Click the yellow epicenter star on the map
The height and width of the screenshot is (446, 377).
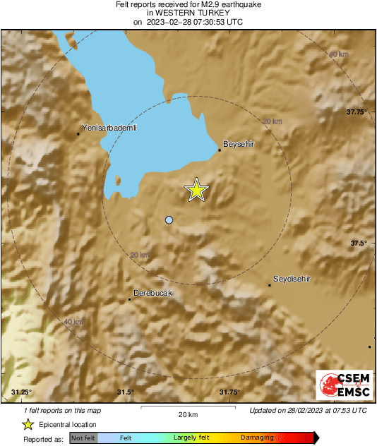click(x=197, y=190)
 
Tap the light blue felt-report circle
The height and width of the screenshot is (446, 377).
click(x=169, y=220)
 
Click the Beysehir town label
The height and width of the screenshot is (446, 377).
click(x=238, y=144)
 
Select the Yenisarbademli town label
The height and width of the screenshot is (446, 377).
click(x=109, y=128)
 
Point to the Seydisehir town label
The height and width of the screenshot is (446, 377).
click(x=292, y=279)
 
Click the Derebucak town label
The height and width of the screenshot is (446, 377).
click(x=152, y=292)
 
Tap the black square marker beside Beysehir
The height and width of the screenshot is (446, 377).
click(x=220, y=150)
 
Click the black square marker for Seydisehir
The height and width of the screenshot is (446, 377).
click(x=270, y=285)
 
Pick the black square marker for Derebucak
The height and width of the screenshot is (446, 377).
click(x=130, y=299)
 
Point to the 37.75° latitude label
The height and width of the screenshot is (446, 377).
click(x=357, y=112)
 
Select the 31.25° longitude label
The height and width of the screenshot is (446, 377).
click(x=22, y=392)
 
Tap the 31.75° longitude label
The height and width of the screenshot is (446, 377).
click(x=229, y=392)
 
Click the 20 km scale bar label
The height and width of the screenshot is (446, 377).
click(x=187, y=414)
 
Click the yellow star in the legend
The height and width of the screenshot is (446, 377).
click(x=28, y=424)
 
